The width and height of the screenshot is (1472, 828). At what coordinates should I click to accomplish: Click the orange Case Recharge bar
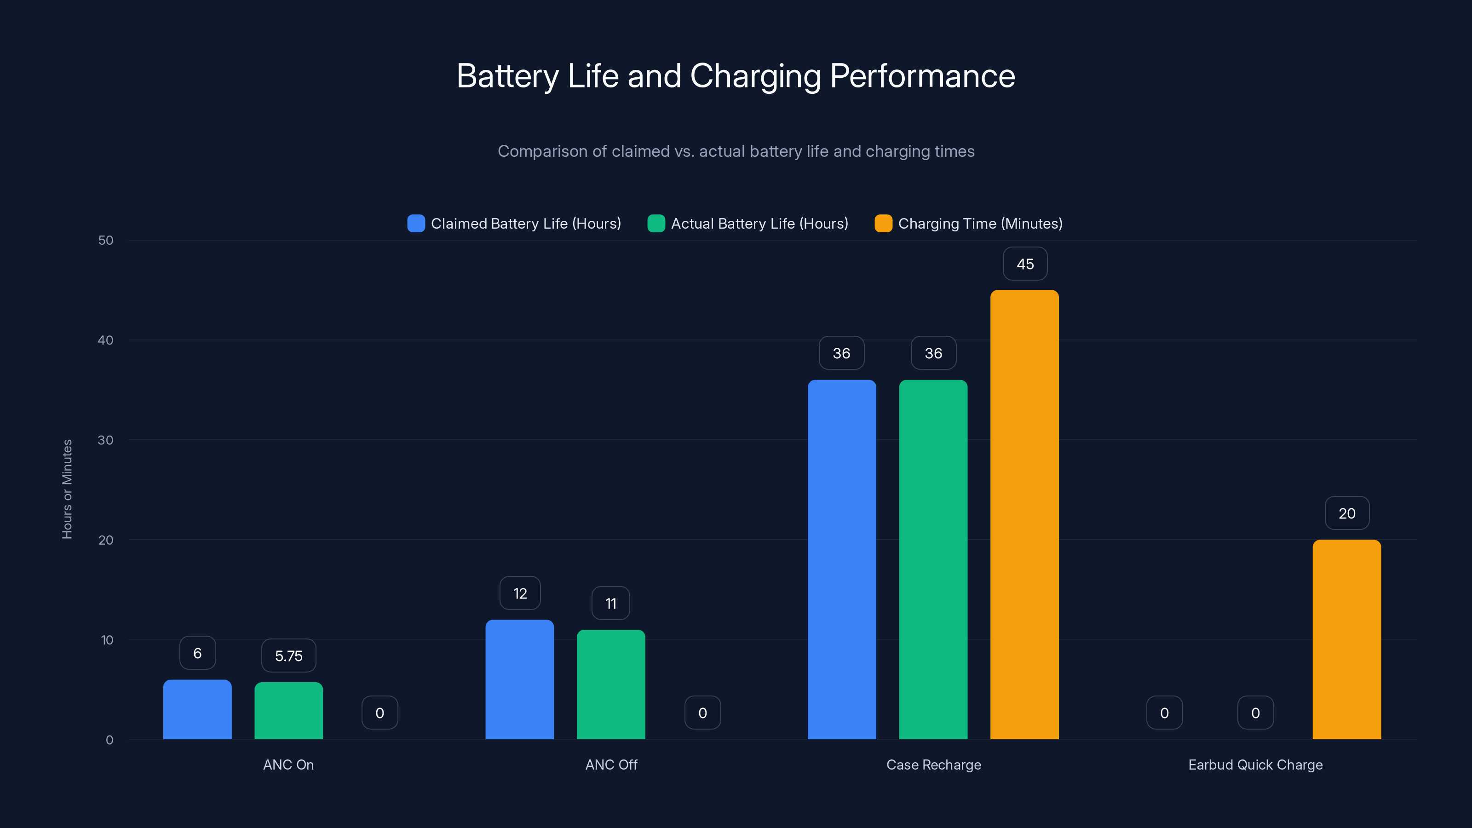1024,514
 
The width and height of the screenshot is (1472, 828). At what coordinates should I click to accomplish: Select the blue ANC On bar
197,709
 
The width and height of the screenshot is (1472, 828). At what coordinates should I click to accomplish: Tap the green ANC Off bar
611,684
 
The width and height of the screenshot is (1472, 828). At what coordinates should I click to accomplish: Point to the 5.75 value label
288,655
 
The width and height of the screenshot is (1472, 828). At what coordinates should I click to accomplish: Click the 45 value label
1024,264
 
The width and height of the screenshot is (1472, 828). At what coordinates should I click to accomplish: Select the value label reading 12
519,593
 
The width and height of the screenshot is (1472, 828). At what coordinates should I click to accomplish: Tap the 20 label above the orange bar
1346,513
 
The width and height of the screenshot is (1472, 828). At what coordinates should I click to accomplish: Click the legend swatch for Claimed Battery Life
416,224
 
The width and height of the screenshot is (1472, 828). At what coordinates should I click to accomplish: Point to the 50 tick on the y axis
106,240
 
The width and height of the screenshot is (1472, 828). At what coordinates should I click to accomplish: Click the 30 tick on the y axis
106,440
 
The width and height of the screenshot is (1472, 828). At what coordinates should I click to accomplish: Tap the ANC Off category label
611,765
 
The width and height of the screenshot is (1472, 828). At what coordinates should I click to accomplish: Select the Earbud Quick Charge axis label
1255,765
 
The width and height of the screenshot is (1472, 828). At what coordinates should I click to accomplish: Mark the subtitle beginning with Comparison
736,151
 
